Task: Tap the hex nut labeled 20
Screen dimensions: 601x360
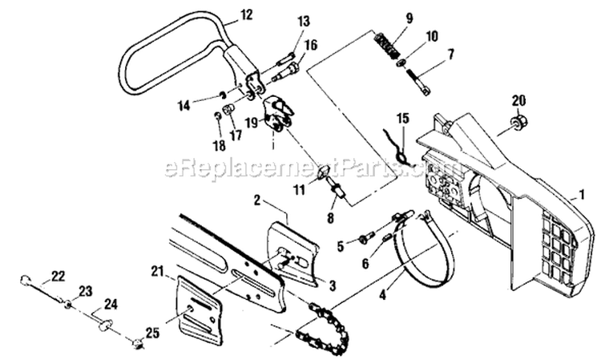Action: [x=519, y=121]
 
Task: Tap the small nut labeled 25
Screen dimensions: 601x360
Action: [x=138, y=342]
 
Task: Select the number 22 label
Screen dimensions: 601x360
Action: [x=58, y=276]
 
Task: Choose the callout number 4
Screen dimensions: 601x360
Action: [x=383, y=296]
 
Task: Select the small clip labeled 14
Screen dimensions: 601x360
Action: [x=222, y=95]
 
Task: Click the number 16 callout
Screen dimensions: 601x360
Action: [x=311, y=44]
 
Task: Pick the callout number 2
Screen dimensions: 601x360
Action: [x=256, y=200]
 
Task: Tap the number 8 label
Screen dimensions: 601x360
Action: [x=330, y=217]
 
